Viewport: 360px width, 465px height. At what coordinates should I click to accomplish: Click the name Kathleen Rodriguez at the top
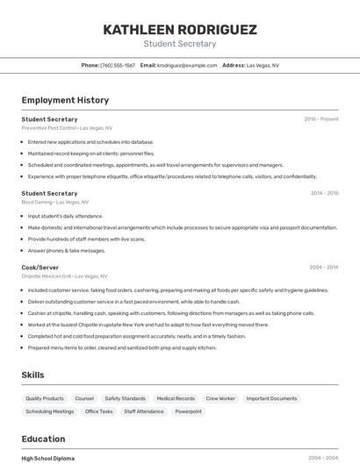180,30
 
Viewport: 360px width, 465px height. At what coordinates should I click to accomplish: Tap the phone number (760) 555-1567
118,65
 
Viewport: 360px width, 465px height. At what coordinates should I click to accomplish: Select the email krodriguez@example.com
187,65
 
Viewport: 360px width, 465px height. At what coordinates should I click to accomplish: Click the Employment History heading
65,100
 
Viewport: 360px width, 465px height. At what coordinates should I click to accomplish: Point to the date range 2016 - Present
321,118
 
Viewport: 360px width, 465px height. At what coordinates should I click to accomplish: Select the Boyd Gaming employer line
55,202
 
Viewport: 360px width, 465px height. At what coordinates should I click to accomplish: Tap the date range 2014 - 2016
324,193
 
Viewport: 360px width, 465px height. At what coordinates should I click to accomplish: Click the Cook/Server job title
40,267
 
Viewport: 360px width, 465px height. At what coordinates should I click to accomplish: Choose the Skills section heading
32,375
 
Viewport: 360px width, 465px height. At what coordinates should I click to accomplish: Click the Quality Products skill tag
45,398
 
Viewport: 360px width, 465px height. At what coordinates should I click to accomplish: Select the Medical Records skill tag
176,398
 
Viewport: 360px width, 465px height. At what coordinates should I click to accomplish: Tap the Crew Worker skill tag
220,398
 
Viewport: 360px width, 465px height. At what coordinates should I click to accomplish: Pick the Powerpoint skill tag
188,411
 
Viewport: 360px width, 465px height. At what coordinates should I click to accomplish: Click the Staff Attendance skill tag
144,411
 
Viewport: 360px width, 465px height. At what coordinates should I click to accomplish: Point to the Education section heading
43,439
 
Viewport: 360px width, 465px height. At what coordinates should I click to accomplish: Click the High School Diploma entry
48,458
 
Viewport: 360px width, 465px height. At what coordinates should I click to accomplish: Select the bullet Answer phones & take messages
67,250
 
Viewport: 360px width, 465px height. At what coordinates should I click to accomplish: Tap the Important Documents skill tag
271,398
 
